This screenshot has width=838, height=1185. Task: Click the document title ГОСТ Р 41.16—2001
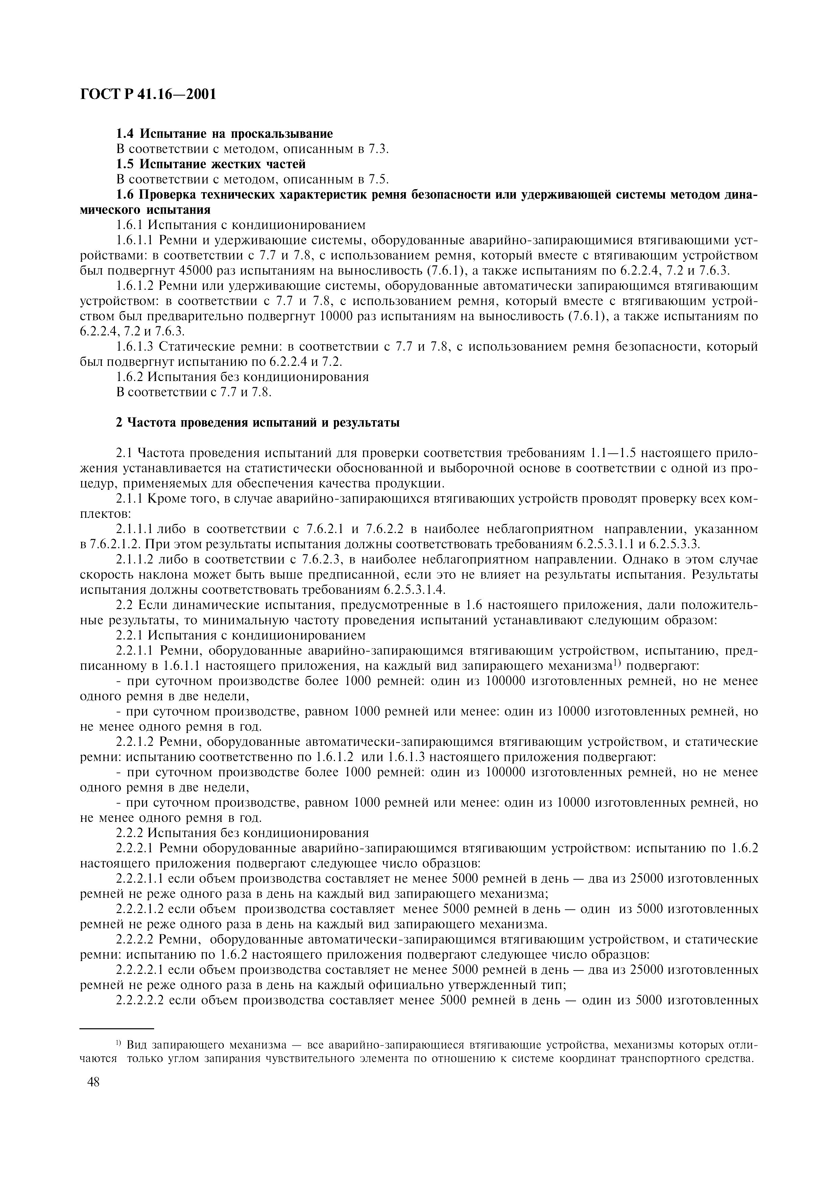148,95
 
